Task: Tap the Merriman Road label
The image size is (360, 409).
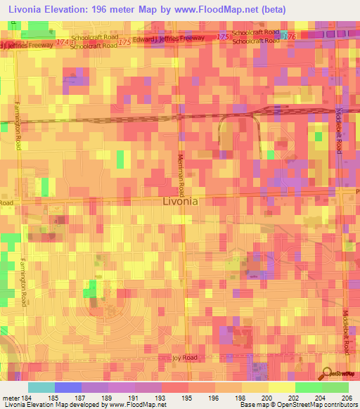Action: coord(181,175)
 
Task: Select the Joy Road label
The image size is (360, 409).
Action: coord(181,358)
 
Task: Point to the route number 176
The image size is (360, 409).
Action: coord(290,36)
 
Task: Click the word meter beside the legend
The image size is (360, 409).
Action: coord(9,397)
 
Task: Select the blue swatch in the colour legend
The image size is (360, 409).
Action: coord(67,387)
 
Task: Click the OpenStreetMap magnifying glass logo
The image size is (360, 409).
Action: coord(328,373)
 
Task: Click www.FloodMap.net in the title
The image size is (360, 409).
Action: coord(217,9)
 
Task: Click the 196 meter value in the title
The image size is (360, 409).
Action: coord(124,9)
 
